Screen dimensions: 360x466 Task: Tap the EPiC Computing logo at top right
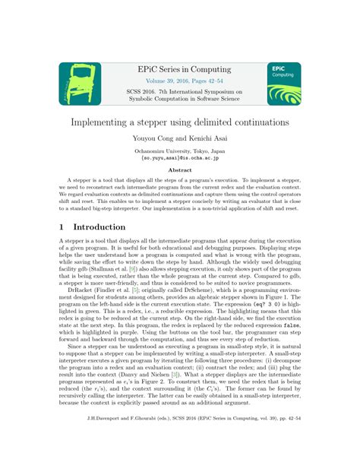pos(284,84)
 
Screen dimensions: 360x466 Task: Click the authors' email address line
pos(180,158)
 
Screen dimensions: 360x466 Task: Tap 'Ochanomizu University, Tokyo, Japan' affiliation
pos(180,151)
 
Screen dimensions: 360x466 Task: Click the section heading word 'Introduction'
pos(99,227)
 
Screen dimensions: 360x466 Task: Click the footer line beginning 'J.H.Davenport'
pos(180,439)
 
